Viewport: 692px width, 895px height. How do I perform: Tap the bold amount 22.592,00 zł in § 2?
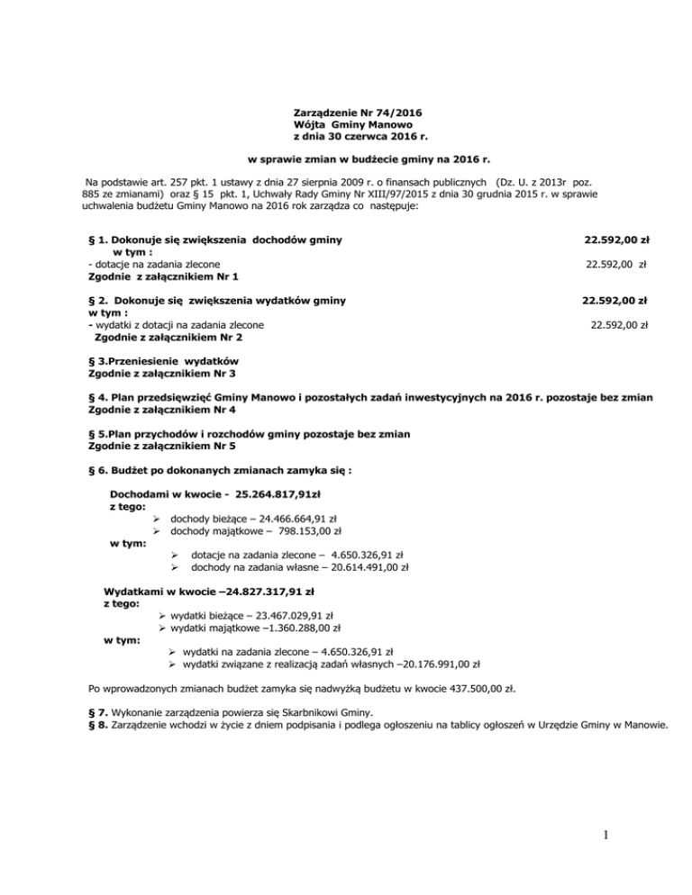pyautogui.click(x=615, y=300)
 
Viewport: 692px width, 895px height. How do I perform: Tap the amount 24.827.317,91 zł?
pyautogui.click(x=268, y=592)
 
